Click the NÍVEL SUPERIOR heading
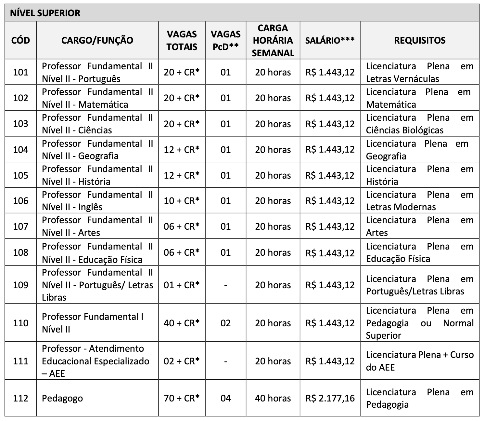pos(45,13)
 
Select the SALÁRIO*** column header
pos(330,40)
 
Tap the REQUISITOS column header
pos(420,40)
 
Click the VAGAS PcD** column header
pos(225,40)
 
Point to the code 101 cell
pos(21,72)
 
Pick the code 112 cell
pos(21,398)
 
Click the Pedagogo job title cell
pos(62,398)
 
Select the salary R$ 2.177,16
pos(330,398)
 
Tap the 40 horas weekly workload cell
pos(273,398)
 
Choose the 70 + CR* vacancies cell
pos(182,398)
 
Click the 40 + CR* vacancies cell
pos(182,323)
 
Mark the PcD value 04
pos(225,398)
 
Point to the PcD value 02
pos(225,323)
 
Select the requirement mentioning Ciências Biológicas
pos(420,124)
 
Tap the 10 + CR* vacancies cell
pos(182,201)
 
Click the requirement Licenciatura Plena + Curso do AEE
pos(420,361)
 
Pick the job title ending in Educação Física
pos(97,253)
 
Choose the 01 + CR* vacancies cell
pos(182,285)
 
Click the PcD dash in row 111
pos(225,361)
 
